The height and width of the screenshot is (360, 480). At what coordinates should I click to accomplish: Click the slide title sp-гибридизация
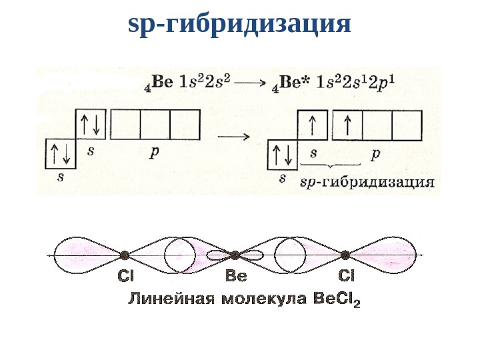point(239,25)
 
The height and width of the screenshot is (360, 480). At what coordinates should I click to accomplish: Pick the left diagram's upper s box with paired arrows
point(91,124)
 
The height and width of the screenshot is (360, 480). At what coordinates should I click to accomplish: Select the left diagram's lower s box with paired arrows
point(61,154)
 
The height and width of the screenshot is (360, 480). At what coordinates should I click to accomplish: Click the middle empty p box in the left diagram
point(155,124)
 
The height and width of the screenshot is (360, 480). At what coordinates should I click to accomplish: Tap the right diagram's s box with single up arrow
point(312,125)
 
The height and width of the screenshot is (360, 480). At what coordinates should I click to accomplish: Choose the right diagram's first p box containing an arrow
point(347,125)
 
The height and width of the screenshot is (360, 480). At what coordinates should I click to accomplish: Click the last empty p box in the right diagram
point(407,125)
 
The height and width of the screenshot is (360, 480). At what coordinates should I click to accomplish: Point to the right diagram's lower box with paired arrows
point(281,155)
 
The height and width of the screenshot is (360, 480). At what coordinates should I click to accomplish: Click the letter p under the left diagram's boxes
point(154,152)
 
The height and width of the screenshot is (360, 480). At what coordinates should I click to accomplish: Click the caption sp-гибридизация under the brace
point(367,181)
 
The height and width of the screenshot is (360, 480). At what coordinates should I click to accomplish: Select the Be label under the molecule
point(236,274)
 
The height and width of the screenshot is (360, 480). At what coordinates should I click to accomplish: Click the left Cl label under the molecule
point(126,274)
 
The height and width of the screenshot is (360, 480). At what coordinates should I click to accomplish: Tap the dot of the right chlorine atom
point(345,255)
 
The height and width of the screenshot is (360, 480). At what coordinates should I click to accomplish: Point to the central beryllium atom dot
point(235,255)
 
